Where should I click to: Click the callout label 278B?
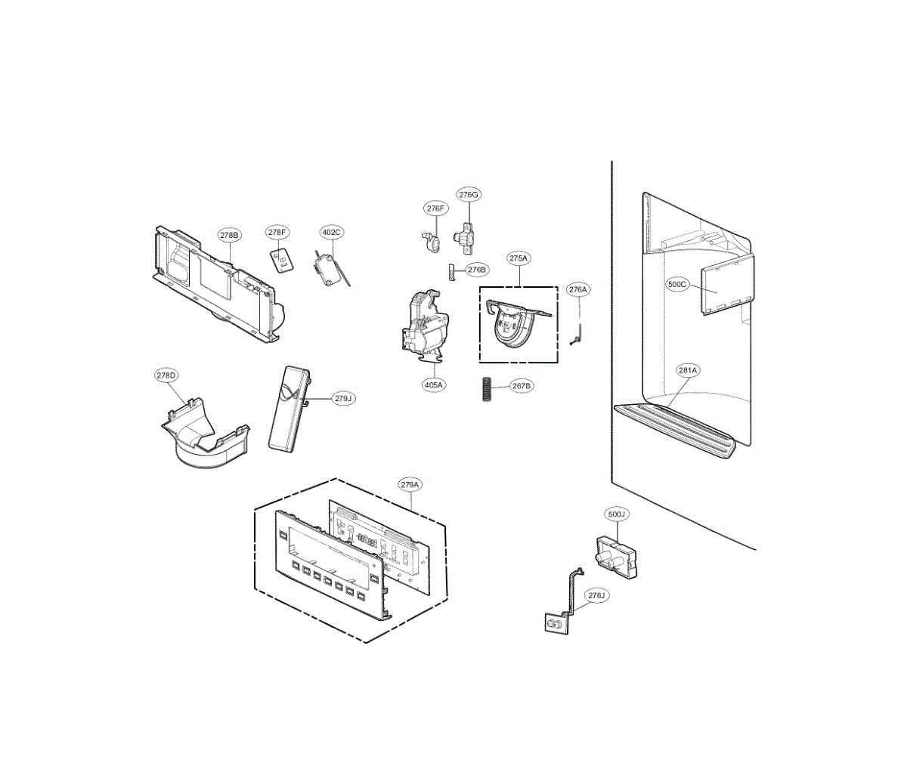[230, 235]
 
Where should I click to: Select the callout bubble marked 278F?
[277, 233]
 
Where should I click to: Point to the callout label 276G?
[469, 195]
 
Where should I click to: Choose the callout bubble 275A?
[519, 258]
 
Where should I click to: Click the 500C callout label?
[678, 285]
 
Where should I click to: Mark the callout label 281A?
[688, 370]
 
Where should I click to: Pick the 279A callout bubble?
[410, 484]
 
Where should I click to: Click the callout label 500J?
[617, 514]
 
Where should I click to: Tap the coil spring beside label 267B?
[488, 389]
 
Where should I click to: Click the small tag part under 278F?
[281, 261]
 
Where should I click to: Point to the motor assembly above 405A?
[423, 325]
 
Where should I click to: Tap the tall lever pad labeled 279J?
[287, 410]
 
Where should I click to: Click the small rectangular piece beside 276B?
[452, 270]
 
